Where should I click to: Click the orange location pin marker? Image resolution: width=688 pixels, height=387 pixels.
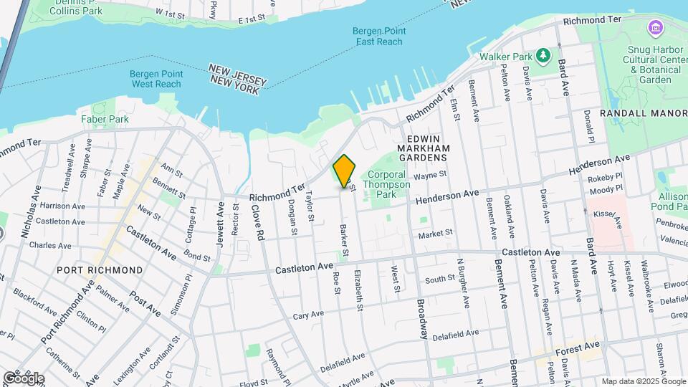point(344,171)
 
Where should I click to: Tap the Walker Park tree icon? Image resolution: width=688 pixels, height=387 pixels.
point(544,55)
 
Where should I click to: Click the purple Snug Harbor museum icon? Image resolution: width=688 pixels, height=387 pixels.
point(654,29)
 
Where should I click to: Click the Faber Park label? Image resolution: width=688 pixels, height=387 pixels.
point(105,119)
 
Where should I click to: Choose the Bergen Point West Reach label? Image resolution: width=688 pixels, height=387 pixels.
point(156,79)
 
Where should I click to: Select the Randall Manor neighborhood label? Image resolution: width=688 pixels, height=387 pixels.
point(644,113)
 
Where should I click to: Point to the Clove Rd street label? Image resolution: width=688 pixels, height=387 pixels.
point(258,223)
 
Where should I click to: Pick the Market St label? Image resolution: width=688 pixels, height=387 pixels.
point(436,233)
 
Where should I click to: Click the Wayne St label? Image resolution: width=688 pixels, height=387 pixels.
point(430,173)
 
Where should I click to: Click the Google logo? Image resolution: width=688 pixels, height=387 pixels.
point(24,378)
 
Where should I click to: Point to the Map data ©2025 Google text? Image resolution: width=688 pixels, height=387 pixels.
point(642,381)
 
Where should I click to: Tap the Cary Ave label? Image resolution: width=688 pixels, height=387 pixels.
point(310,316)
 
